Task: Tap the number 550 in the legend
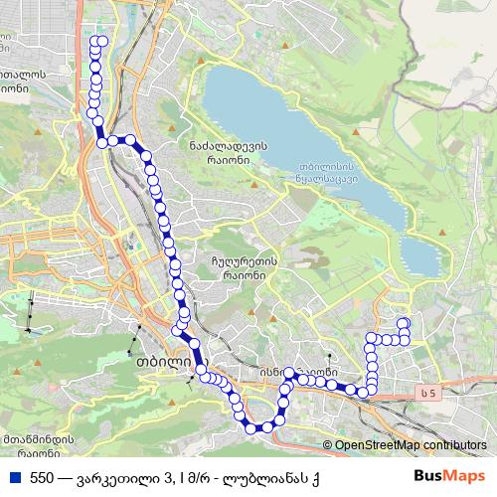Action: click(42, 477)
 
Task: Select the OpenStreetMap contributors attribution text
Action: click(411, 446)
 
